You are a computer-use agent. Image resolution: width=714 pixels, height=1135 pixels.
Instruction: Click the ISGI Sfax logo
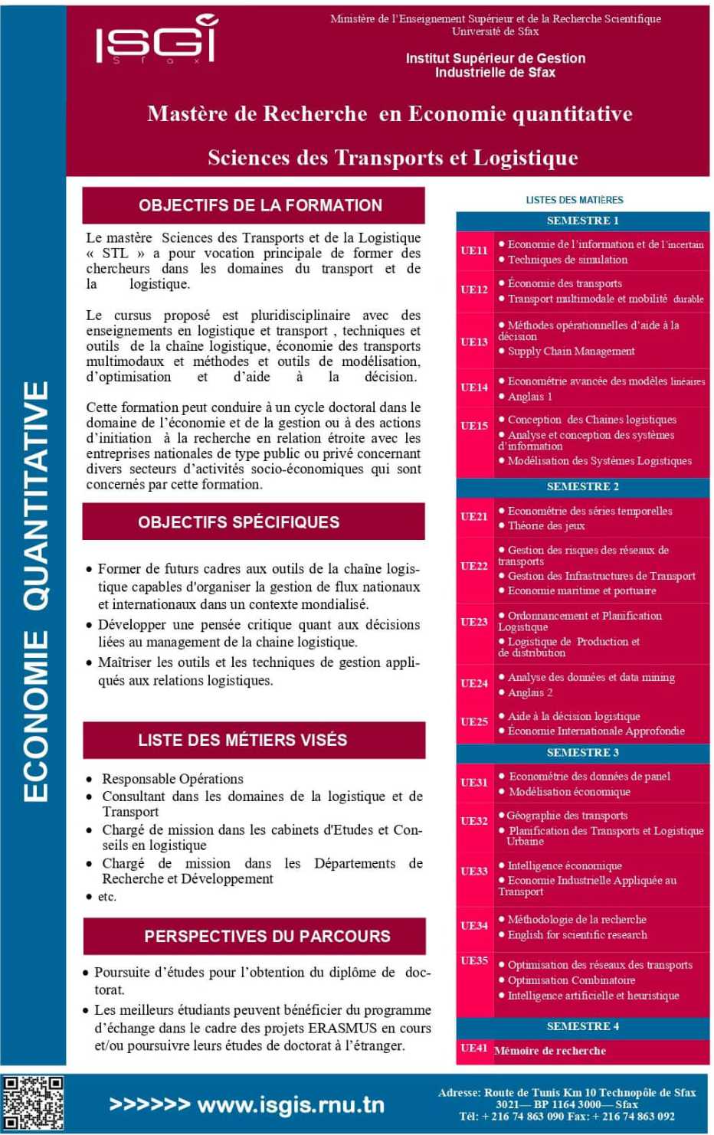(x=157, y=40)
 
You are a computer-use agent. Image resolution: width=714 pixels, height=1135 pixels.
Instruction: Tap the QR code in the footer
(x=32, y=1102)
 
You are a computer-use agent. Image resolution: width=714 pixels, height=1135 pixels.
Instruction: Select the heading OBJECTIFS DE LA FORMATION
(x=260, y=205)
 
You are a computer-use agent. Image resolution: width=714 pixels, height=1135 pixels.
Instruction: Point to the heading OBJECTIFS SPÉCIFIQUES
(x=238, y=522)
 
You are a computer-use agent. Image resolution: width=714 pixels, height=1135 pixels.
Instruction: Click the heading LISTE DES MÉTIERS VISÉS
(x=242, y=740)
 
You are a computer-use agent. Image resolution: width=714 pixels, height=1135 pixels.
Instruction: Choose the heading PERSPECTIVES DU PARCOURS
(x=267, y=936)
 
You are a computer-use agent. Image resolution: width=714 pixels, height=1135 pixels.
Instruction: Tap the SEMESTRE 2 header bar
(x=582, y=486)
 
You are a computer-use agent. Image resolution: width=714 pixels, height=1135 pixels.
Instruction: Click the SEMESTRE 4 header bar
(x=582, y=1026)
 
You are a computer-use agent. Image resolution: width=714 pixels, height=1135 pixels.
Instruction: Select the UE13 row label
(x=474, y=342)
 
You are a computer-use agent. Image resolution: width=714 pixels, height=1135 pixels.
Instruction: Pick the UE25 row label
(x=474, y=721)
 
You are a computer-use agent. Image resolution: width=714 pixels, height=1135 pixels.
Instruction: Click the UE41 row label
(x=474, y=1048)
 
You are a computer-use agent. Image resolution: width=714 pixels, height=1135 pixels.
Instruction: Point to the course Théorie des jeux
(x=546, y=525)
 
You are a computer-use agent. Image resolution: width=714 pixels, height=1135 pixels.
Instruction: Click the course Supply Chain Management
(x=571, y=351)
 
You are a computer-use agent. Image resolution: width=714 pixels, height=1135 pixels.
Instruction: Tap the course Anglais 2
(x=529, y=692)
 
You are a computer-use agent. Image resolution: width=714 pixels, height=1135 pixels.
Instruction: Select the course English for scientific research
(x=577, y=934)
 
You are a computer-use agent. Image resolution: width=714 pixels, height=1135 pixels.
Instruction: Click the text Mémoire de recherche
(x=550, y=1051)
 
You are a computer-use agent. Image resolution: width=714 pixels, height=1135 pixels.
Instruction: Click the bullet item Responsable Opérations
(x=172, y=778)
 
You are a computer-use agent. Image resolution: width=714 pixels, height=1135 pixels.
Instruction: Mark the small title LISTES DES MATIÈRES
(x=574, y=200)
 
